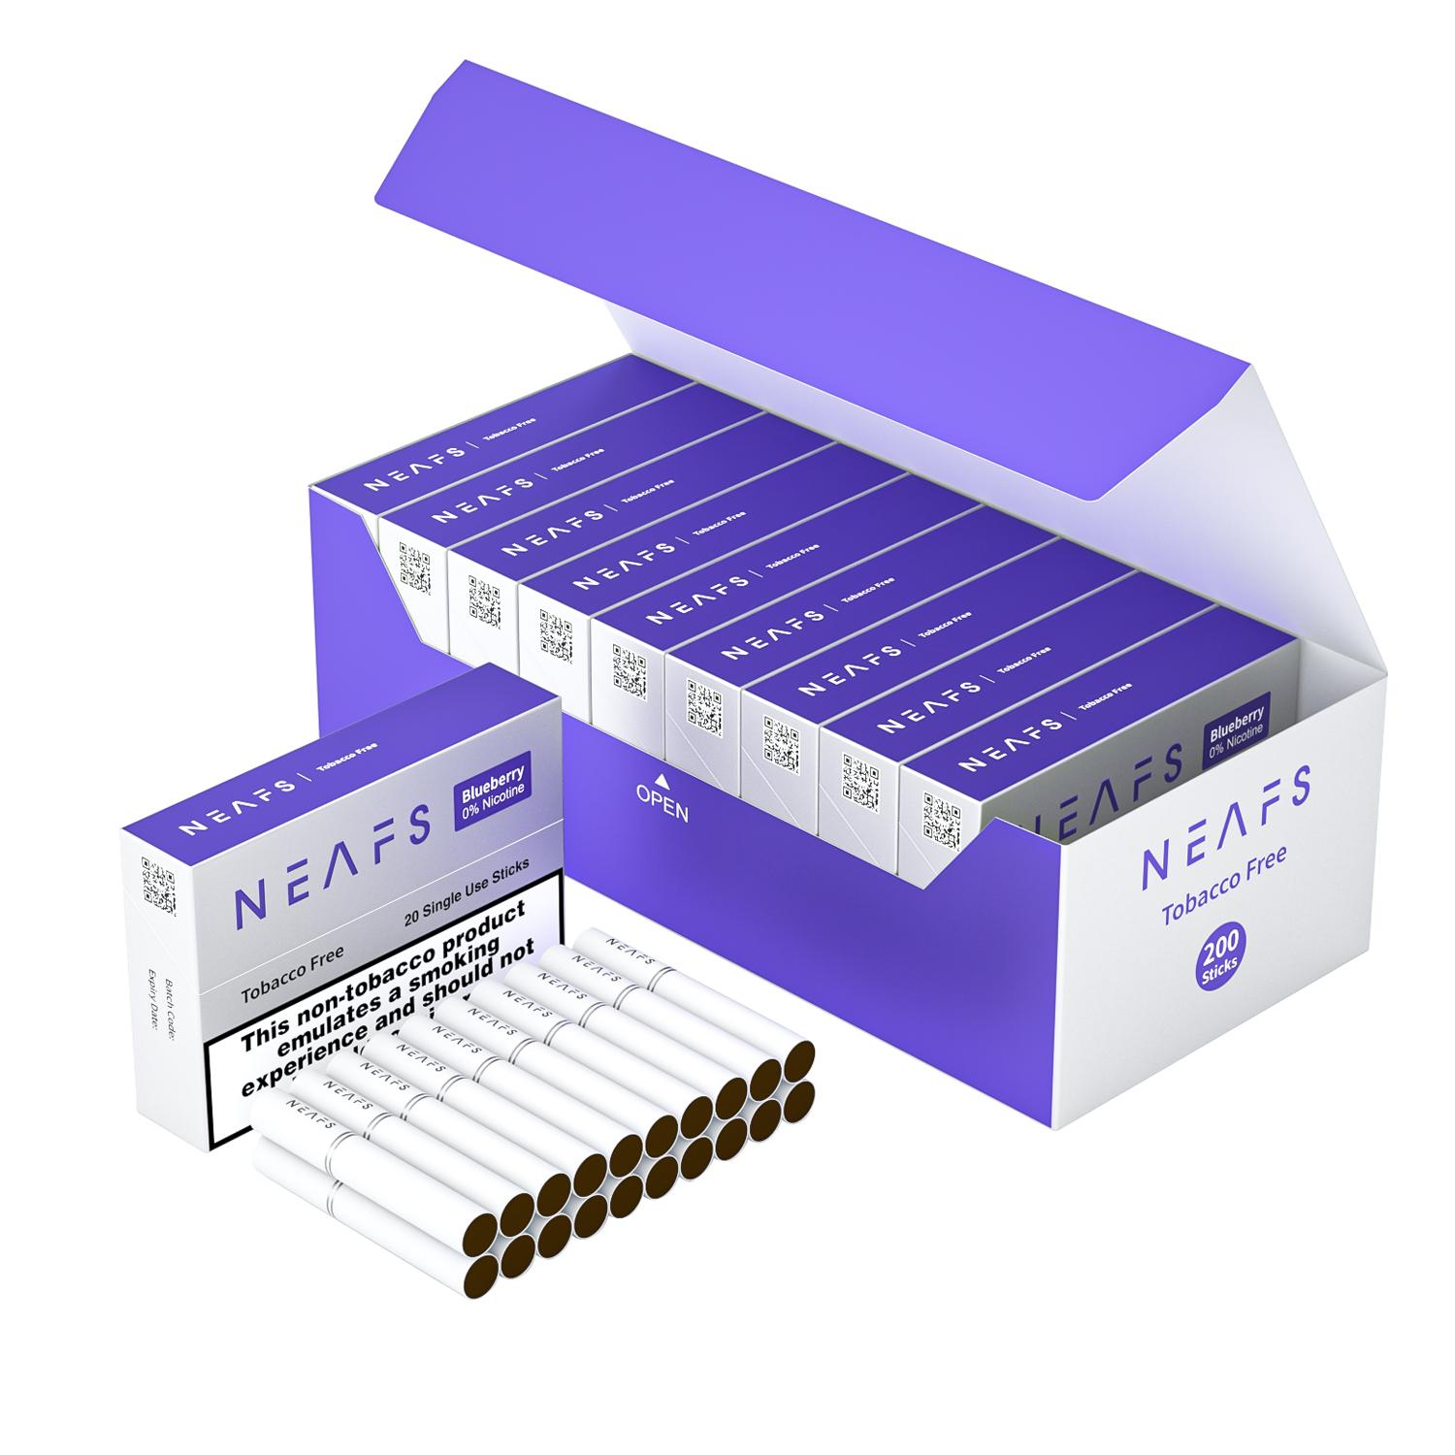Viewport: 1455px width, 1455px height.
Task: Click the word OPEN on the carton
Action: point(663,803)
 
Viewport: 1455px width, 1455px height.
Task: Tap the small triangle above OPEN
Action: point(663,780)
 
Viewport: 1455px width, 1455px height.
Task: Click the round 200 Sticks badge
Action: point(1220,956)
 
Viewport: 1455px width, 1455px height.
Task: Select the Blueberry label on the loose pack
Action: point(493,791)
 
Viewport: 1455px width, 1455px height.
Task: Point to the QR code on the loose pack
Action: point(159,886)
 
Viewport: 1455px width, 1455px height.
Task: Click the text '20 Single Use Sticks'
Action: point(467,891)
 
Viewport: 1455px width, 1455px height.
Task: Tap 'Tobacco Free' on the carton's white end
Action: point(1224,884)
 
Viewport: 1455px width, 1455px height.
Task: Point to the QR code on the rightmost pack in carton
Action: point(940,821)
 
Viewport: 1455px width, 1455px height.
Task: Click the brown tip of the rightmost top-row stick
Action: point(799,1061)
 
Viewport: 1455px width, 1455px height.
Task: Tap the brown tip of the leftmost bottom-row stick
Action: point(481,1274)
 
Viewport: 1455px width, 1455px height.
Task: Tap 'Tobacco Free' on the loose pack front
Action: point(292,974)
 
